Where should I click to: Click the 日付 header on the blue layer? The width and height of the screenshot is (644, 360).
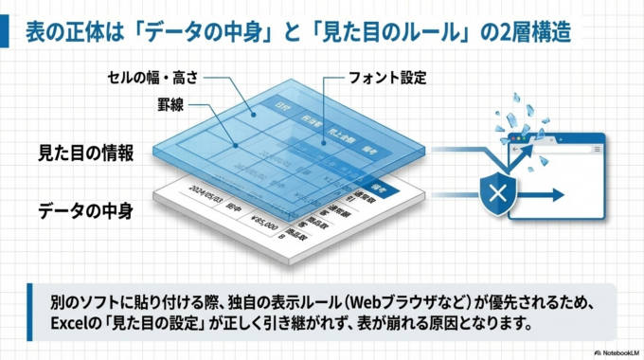pos(279,103)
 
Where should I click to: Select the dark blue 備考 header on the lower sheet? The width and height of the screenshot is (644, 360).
pos(379,185)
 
